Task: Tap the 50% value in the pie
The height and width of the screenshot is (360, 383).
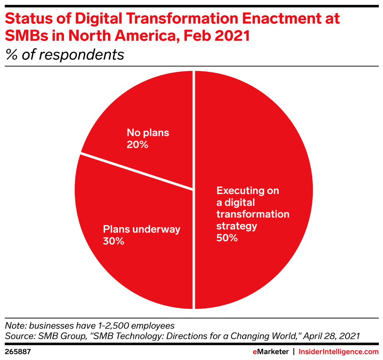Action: point(227,238)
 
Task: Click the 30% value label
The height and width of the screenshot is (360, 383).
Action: point(113,241)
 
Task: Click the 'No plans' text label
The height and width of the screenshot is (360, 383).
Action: point(148,133)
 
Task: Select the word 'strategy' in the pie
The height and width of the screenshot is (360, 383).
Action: point(237,226)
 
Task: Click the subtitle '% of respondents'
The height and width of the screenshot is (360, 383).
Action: point(64,55)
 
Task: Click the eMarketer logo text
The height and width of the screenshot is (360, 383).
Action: point(270,351)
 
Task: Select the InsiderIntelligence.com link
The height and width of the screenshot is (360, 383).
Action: point(339,351)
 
